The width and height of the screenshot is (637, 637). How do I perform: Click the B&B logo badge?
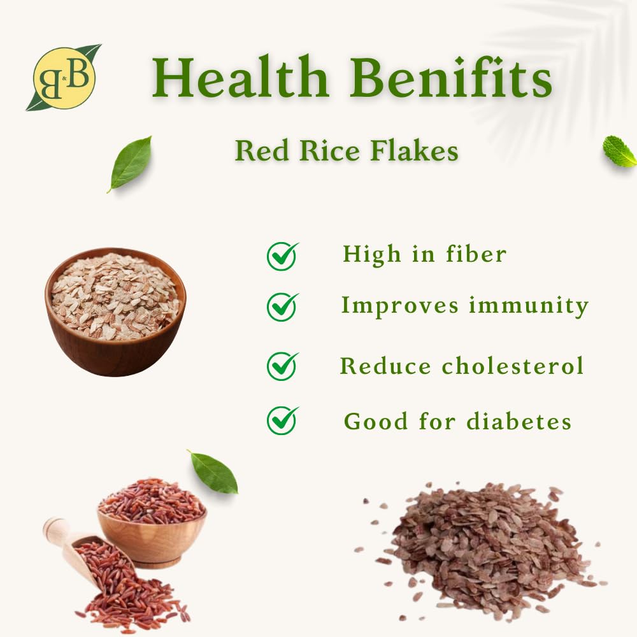(64, 78)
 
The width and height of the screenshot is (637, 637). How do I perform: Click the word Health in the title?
(241, 77)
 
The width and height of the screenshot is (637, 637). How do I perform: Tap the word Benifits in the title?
(452, 77)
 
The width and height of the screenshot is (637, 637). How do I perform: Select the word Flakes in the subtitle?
(415, 151)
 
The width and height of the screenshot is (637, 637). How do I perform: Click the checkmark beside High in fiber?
(283, 256)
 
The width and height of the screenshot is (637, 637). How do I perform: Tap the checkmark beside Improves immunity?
(283, 307)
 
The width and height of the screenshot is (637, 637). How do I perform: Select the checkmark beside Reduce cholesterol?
(283, 366)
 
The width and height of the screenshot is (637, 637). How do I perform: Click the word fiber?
(476, 254)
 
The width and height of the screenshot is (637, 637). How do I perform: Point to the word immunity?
(529, 306)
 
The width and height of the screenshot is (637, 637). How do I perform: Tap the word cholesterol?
(513, 365)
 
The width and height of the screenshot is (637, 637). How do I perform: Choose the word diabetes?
(519, 420)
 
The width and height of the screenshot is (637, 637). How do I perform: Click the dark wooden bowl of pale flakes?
(115, 311)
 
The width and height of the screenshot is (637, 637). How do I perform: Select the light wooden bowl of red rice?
(152, 523)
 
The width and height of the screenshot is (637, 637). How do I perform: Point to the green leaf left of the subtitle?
(130, 164)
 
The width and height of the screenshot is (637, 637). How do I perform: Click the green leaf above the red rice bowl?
(213, 472)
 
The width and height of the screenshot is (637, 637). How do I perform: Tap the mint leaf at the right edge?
(620, 152)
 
